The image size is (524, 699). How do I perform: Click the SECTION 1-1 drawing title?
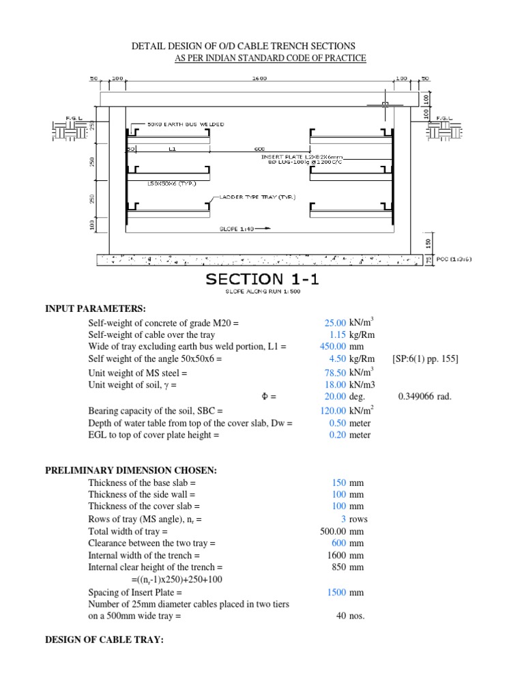point(262,279)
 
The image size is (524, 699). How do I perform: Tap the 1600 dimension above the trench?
point(259,79)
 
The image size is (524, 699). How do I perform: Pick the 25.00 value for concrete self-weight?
point(335,323)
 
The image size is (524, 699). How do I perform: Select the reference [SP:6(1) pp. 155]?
point(425,359)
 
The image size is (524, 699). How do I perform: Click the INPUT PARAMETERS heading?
point(96,309)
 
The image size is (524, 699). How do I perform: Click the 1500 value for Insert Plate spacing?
point(336,593)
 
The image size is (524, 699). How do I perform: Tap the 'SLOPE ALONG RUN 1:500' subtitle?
point(262,292)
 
